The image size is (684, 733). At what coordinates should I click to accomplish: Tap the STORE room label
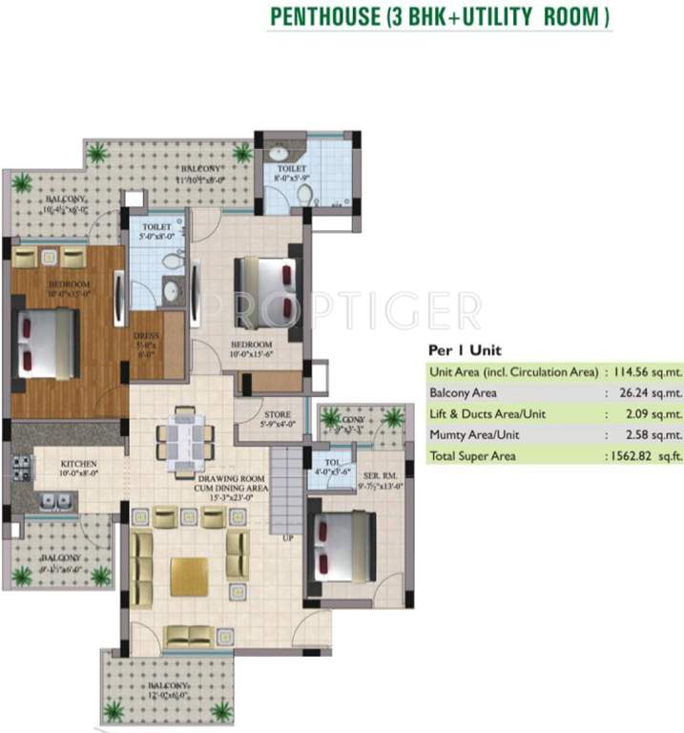coord(278,414)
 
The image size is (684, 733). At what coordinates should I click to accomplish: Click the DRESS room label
coord(145,336)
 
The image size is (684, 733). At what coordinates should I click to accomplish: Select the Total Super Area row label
coord(473,456)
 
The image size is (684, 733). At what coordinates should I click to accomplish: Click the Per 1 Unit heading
coord(465,349)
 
